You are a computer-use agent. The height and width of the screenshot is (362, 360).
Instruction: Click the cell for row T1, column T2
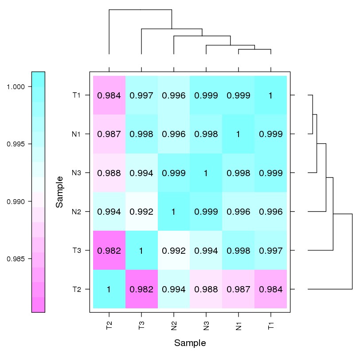109,95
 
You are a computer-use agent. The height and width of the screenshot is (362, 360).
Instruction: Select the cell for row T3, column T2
109,251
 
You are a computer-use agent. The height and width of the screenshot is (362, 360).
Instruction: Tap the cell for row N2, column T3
141,212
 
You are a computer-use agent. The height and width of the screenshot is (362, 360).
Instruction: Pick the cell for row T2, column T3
141,289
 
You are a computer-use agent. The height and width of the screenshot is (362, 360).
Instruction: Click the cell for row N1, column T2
109,134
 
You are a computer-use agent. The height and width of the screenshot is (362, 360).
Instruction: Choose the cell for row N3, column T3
141,173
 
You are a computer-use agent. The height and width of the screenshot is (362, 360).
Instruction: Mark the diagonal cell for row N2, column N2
174,212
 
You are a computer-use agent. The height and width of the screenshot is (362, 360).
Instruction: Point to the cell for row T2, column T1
271,289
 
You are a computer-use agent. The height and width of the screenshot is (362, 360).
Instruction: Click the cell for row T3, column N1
239,251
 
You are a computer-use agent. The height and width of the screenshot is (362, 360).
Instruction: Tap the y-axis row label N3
76,173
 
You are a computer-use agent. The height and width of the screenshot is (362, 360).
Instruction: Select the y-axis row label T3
76,251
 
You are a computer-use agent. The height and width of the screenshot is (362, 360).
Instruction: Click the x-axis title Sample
190,343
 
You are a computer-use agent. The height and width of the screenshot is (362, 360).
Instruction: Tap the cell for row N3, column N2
174,173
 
